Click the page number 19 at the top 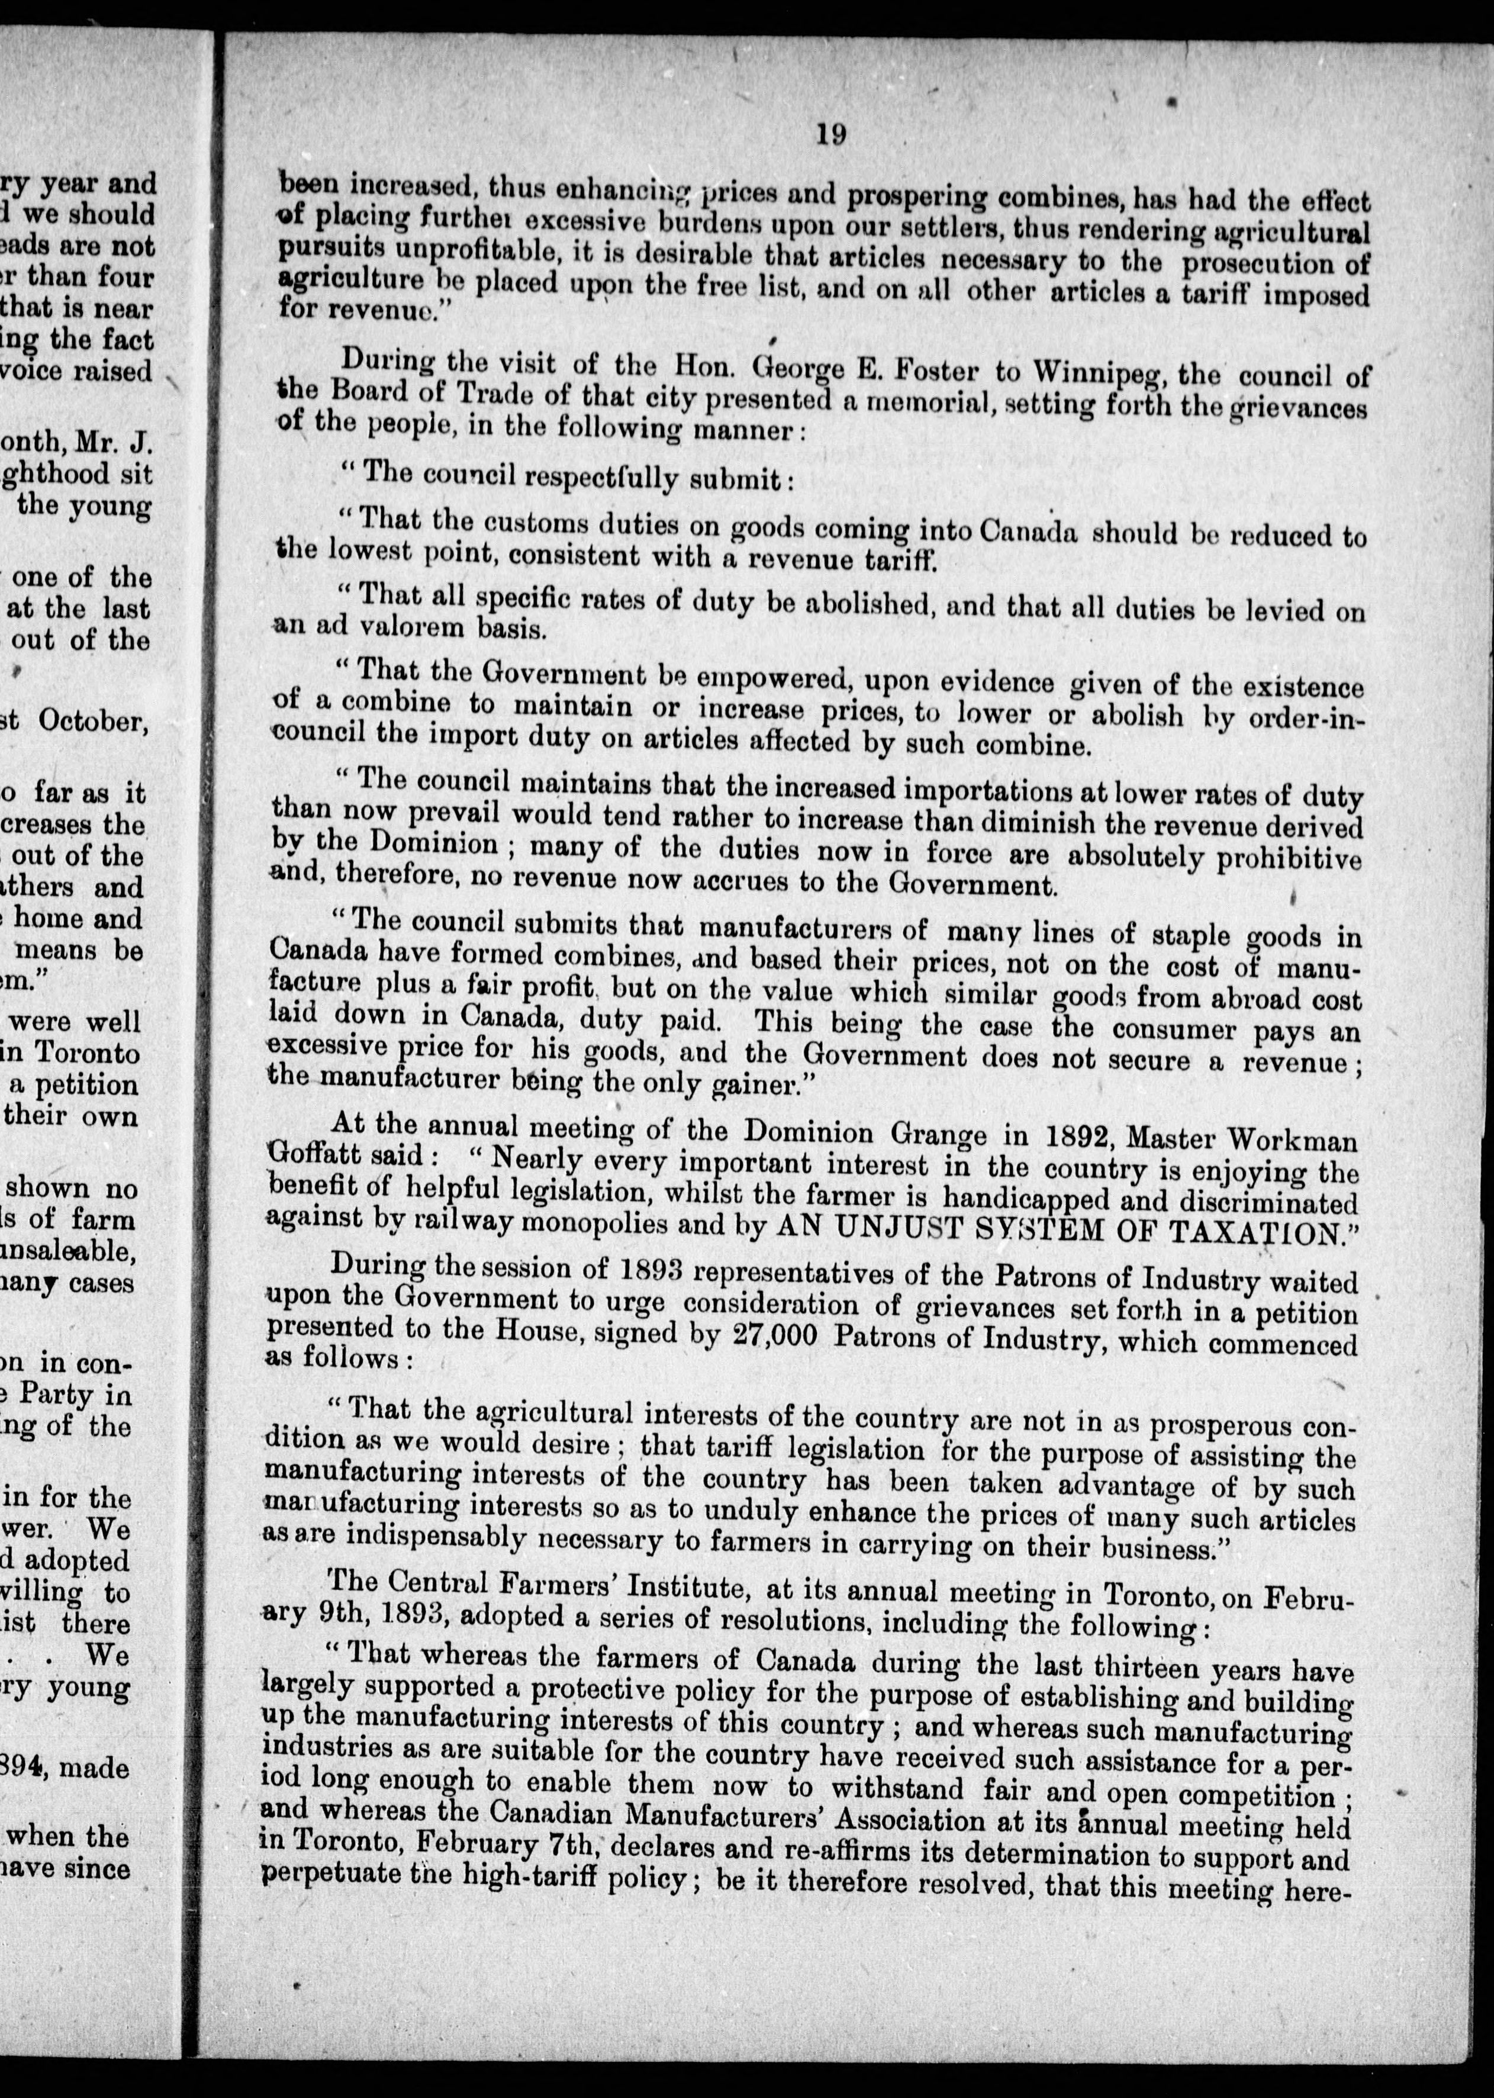point(830,134)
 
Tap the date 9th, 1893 point(343,1621)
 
